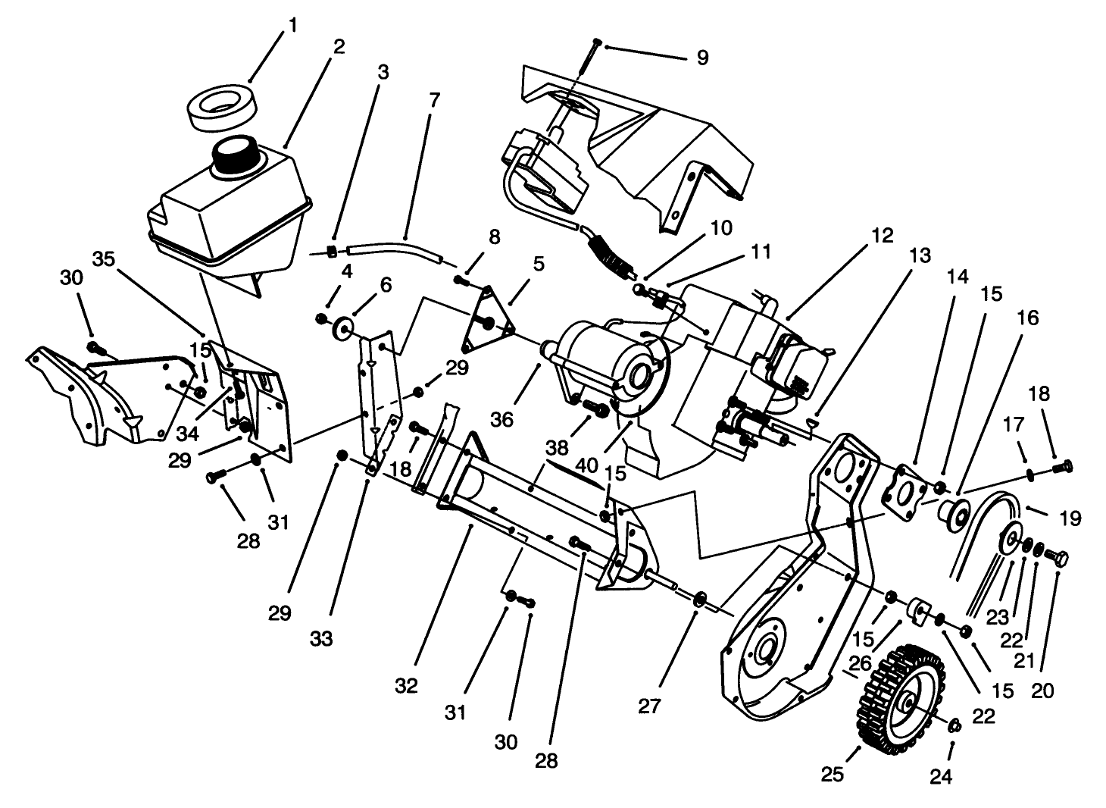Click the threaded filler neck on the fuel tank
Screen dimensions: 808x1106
(236, 156)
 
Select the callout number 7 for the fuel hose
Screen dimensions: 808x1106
(433, 100)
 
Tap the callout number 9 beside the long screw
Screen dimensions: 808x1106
(701, 58)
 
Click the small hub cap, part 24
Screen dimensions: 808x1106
(954, 725)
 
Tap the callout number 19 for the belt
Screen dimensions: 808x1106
(1070, 518)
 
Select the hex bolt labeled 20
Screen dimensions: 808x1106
(1058, 558)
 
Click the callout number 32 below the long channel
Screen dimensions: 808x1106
(406, 686)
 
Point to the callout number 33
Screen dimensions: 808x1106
(321, 639)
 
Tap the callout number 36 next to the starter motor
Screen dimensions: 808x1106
(501, 419)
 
